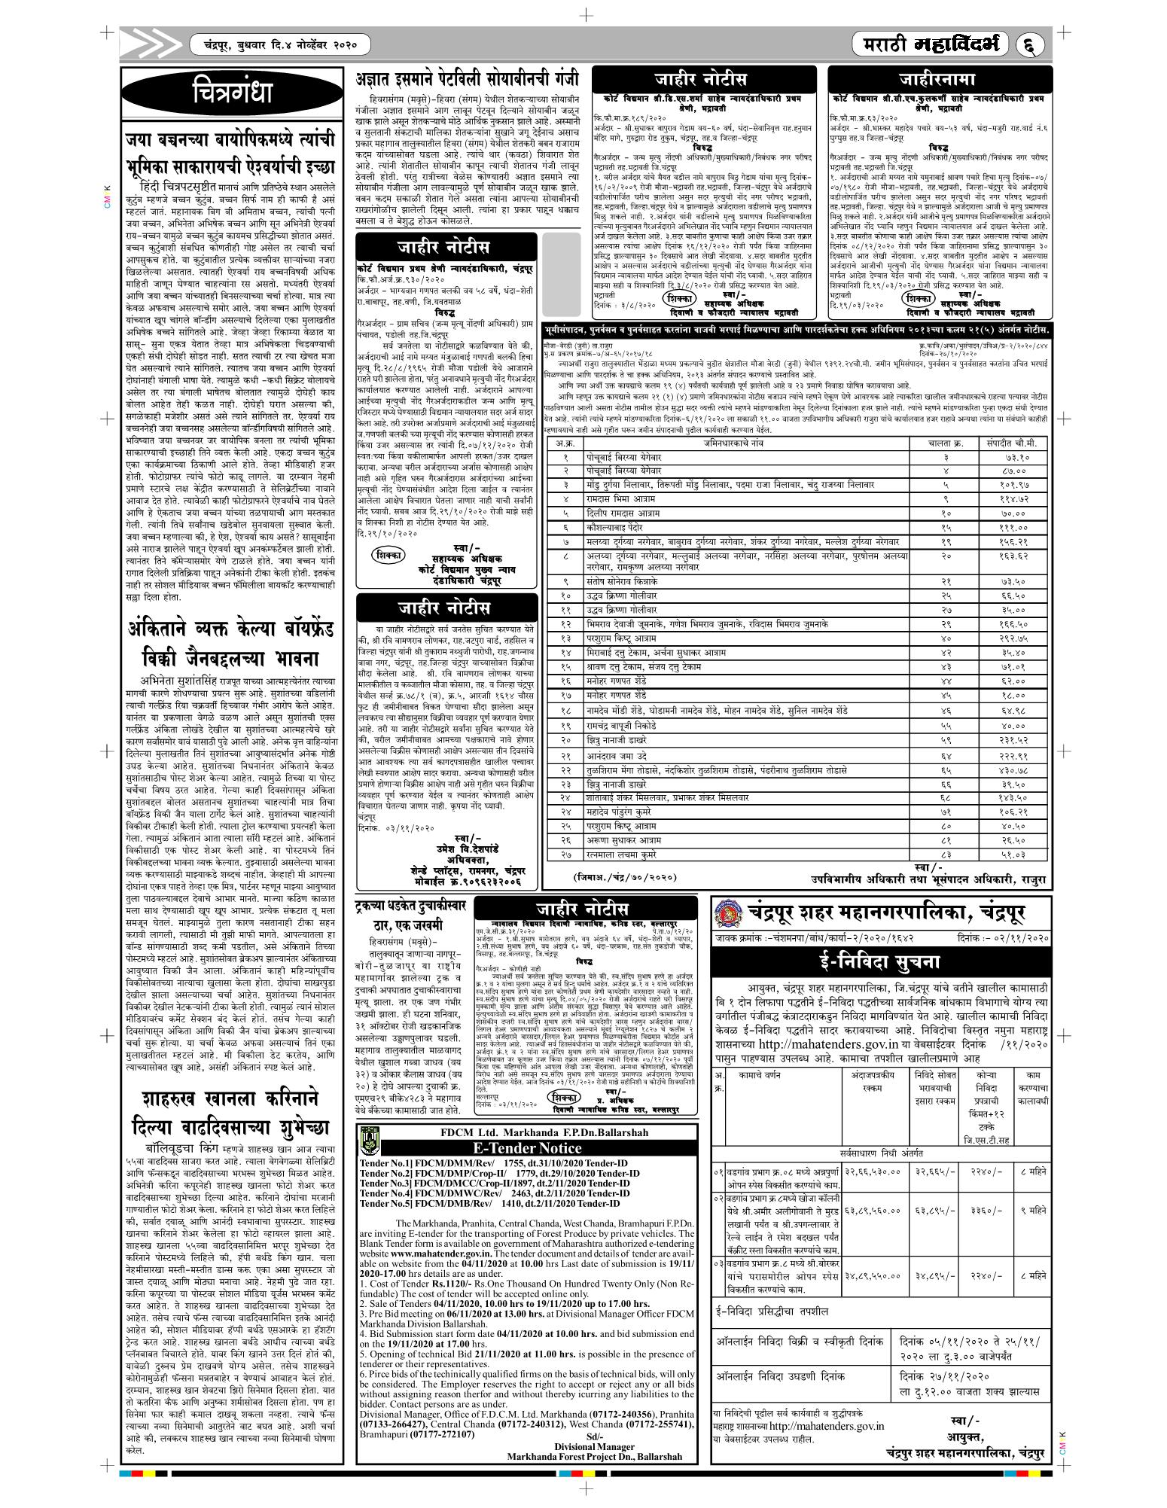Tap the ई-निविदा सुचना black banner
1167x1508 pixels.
click(x=880, y=962)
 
